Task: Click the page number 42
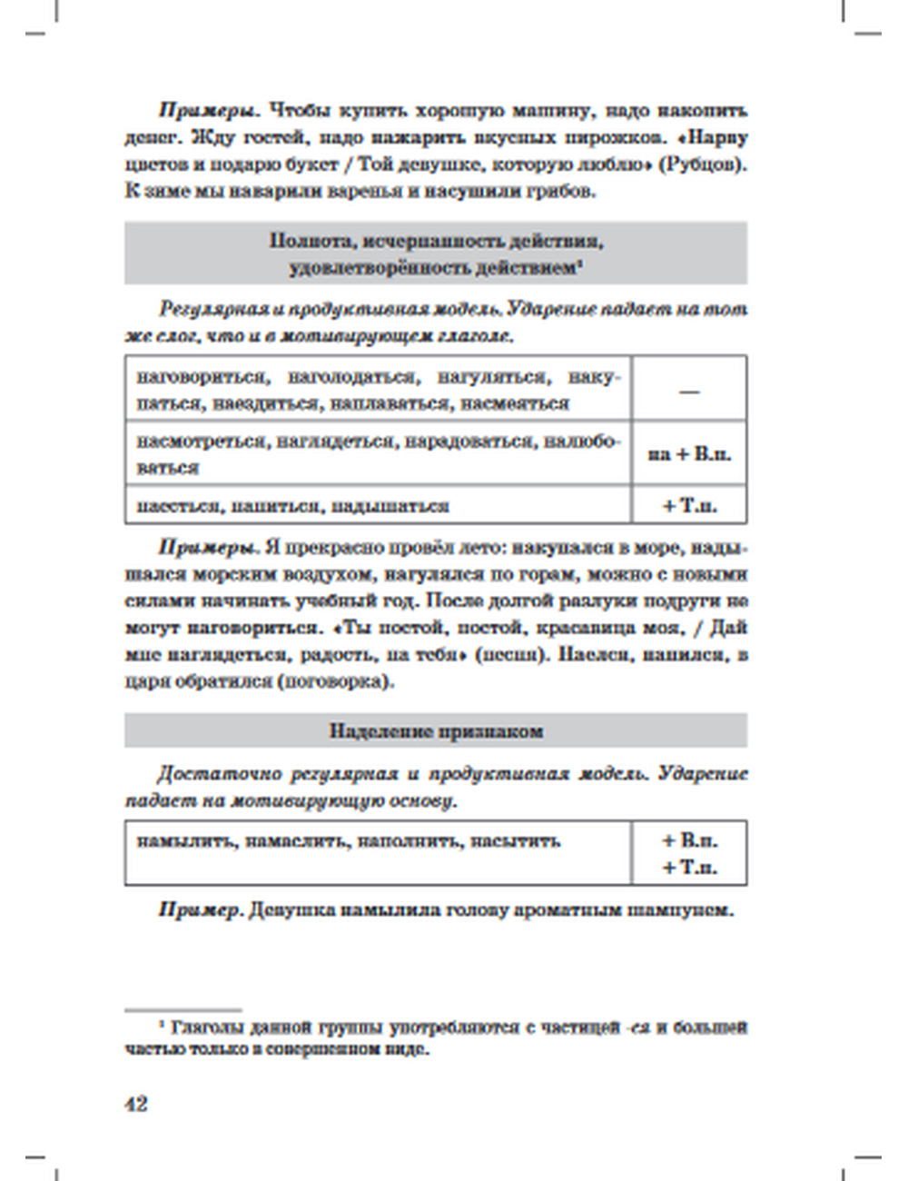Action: coord(135,1104)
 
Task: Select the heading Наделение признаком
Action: coord(436,731)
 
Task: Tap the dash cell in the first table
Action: coord(689,390)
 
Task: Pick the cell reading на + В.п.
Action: coord(689,453)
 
